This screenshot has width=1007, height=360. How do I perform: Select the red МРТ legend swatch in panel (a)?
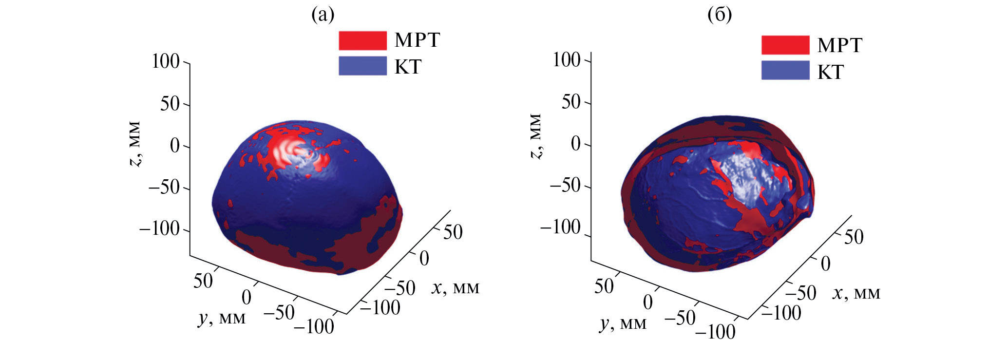(362, 40)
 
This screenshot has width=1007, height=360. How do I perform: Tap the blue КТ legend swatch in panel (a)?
(362, 66)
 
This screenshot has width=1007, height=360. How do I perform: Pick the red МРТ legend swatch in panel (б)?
(785, 45)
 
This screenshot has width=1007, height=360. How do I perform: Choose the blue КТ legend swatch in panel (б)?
(785, 71)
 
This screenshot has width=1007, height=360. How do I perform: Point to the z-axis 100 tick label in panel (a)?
(166, 61)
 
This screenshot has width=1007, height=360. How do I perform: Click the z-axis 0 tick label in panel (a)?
(175, 146)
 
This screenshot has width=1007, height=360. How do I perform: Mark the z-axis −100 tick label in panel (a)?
(159, 228)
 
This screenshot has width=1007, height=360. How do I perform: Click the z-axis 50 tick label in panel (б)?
(571, 102)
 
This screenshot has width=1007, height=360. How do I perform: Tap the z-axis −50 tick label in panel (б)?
(565, 185)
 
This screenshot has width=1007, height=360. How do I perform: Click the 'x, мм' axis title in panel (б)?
(856, 293)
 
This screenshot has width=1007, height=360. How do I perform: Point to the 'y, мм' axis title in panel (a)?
(222, 318)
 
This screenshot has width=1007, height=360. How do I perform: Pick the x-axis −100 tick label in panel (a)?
(380, 307)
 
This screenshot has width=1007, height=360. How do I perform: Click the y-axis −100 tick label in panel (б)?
(715, 332)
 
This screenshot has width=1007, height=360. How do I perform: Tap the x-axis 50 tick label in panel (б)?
(854, 237)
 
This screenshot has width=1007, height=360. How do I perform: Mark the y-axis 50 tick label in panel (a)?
(203, 281)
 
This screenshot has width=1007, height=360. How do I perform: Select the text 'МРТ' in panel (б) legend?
(840, 45)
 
